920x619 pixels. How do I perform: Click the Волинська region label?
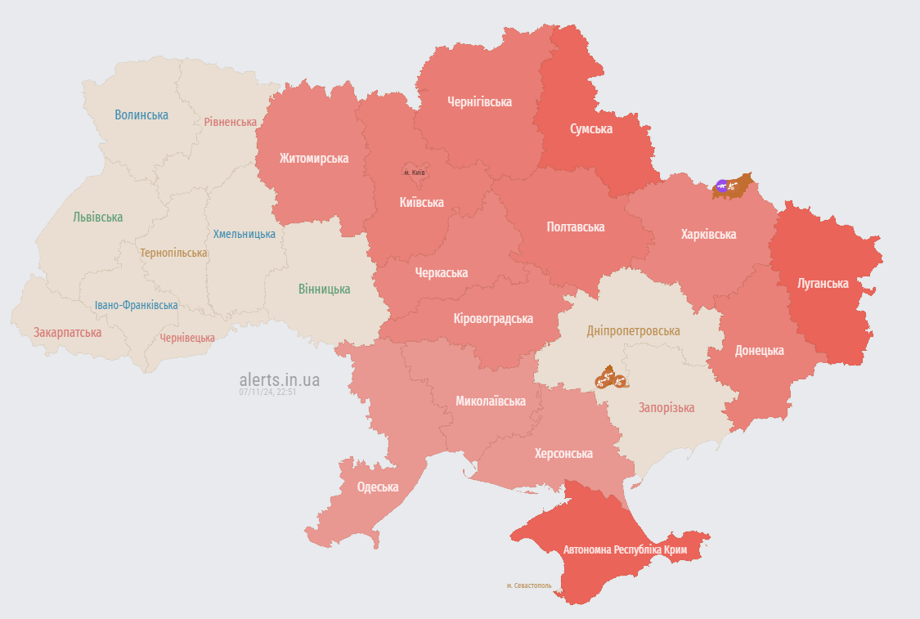coord(141,115)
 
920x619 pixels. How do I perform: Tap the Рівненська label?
coord(230,122)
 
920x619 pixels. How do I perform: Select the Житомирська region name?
coord(313,159)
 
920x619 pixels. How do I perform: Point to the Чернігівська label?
coord(479,102)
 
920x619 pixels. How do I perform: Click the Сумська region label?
coord(590,128)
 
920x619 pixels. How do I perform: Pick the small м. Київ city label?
coord(415,173)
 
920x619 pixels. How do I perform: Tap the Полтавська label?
coord(575,227)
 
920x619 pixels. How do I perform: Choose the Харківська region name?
coord(708,235)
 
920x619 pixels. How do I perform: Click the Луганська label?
coord(823,284)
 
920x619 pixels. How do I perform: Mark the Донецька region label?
coord(759,351)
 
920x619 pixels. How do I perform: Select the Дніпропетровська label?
coord(633,331)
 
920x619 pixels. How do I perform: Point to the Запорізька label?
coord(666,408)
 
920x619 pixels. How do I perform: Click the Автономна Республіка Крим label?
coord(624,549)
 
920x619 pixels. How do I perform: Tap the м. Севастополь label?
coord(529,586)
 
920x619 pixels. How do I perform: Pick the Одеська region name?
coord(378,487)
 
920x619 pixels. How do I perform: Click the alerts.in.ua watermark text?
coord(279,380)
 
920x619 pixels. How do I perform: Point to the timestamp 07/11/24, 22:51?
coord(267,392)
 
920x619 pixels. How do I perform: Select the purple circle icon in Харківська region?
coord(721,186)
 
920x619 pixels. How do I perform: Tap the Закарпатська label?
coord(67,333)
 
